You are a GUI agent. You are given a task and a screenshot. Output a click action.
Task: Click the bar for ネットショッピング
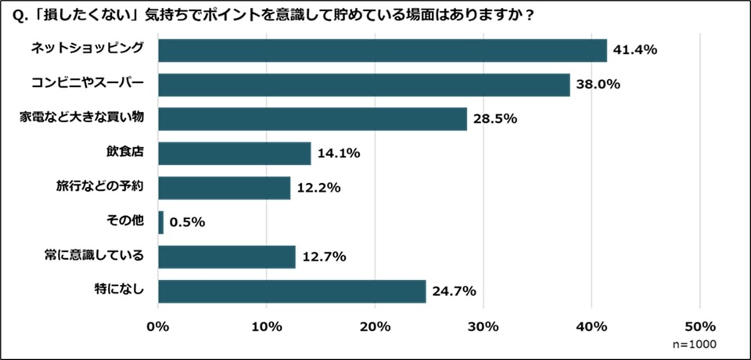(382, 50)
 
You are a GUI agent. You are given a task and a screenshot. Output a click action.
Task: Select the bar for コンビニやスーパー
(364, 85)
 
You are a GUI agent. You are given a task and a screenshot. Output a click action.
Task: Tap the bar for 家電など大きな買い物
(312, 119)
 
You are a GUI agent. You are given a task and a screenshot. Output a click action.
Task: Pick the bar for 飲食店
(234, 153)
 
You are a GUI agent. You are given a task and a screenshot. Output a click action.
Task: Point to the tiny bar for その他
(161, 222)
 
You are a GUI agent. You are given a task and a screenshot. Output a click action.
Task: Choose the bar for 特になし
(292, 291)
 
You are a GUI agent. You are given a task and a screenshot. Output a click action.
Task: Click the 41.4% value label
(635, 50)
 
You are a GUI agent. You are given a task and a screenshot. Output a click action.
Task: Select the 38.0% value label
(598, 85)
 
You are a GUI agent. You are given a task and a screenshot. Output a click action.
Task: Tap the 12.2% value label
(319, 188)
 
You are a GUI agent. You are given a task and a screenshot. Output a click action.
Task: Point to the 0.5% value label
(187, 222)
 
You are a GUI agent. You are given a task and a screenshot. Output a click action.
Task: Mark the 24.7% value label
(455, 291)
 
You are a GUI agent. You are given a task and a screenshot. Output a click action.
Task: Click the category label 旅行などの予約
(100, 187)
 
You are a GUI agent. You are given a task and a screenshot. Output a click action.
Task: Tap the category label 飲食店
(125, 153)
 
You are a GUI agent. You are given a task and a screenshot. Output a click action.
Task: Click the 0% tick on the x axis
(158, 326)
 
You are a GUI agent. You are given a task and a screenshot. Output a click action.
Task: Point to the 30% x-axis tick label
(483, 326)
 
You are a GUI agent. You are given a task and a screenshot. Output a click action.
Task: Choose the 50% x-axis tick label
(699, 326)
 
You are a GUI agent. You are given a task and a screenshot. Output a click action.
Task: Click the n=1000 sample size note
(695, 344)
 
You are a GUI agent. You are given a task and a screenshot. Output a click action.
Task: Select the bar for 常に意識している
(227, 257)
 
